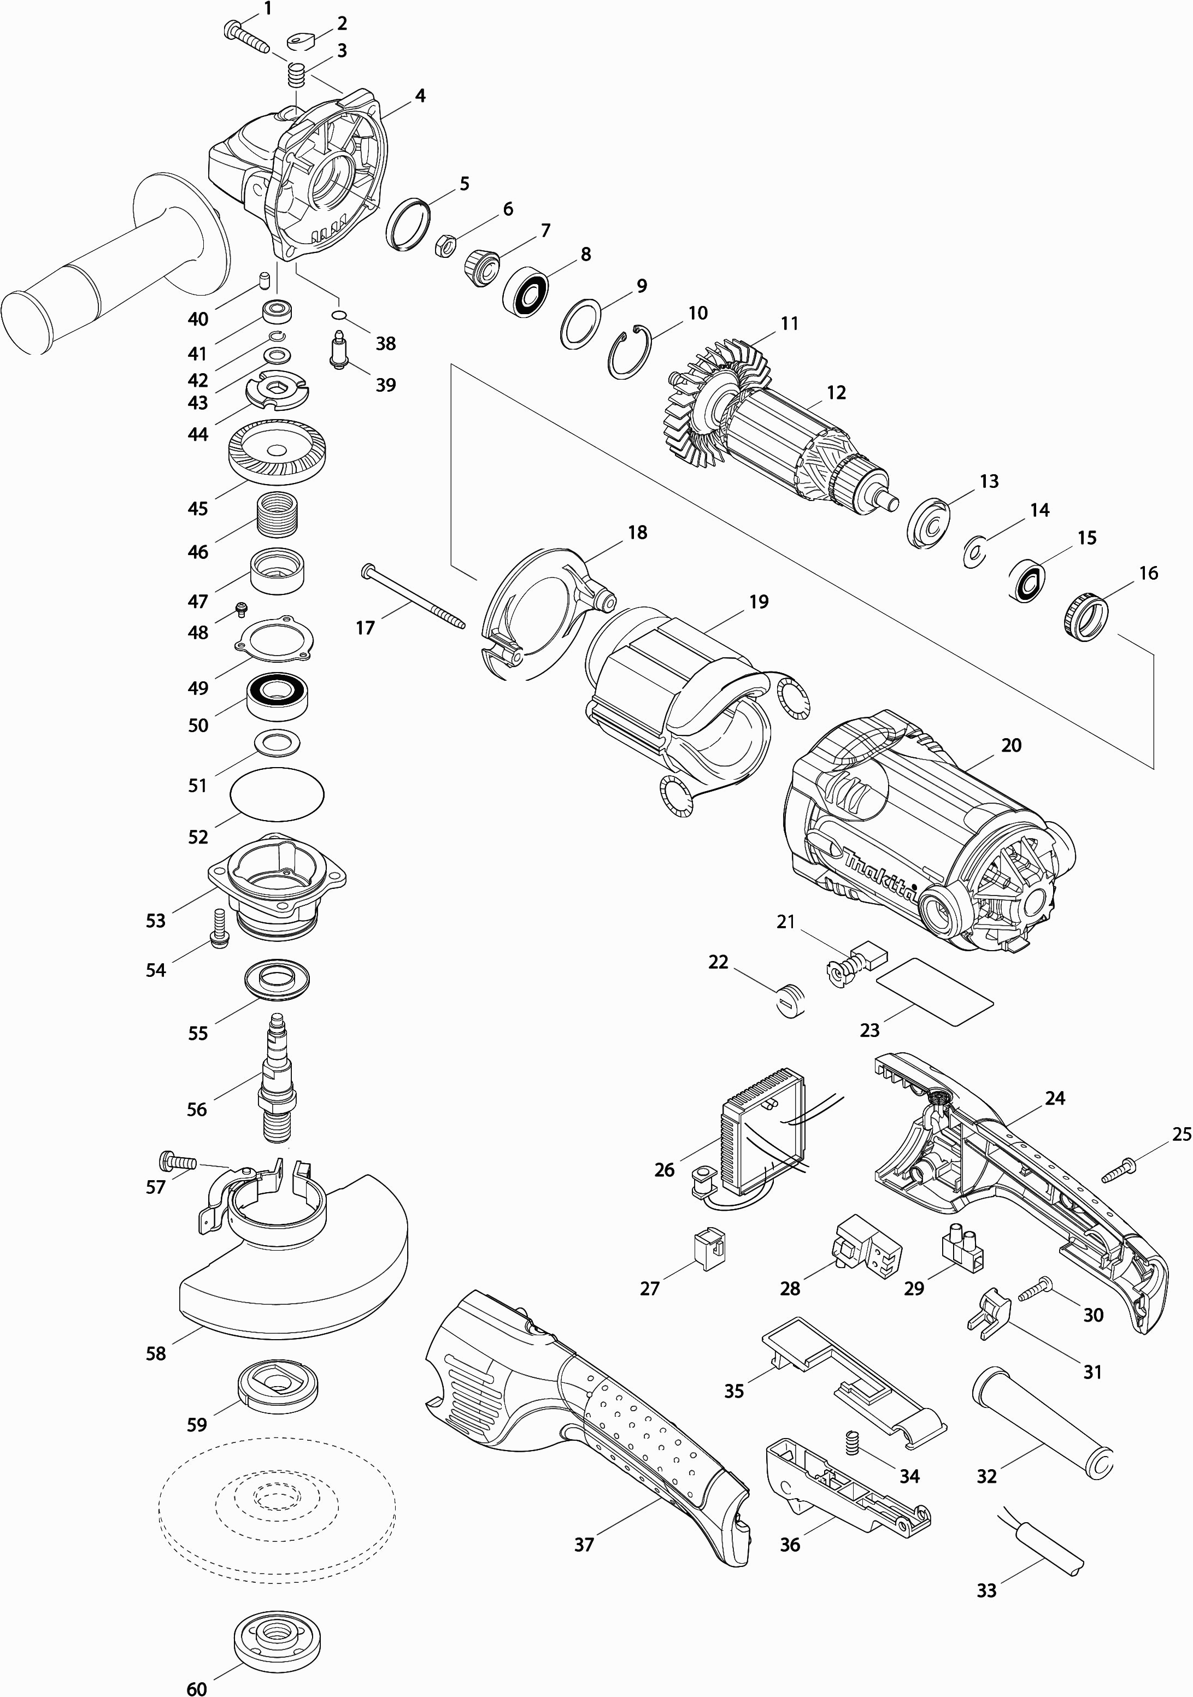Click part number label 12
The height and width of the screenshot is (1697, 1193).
[836, 392]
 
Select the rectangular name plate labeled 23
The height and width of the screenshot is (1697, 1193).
[935, 991]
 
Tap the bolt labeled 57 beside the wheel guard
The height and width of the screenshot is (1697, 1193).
[177, 1161]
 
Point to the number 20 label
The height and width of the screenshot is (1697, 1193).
[1010, 745]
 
